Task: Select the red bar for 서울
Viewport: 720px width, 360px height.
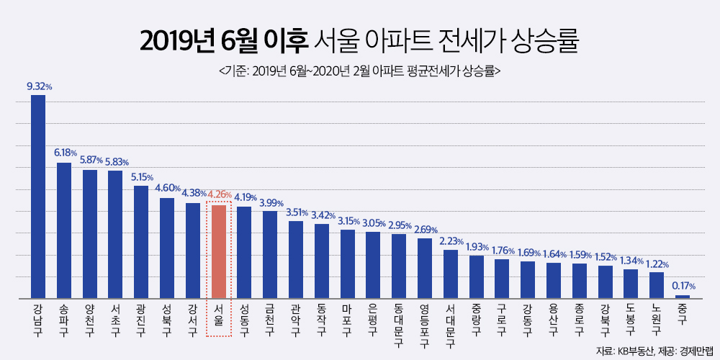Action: click(218, 251)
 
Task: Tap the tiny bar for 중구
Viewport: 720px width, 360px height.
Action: click(682, 296)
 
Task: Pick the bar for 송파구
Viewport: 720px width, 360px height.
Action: click(64, 230)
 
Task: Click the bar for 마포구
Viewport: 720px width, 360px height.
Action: click(347, 264)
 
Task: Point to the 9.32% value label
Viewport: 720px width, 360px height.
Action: click(39, 86)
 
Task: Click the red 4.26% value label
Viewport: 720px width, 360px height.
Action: click(219, 194)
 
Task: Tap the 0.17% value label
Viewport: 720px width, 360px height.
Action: click(683, 286)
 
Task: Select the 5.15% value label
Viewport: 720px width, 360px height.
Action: click(143, 176)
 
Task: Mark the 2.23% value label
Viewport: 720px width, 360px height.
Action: click(451, 241)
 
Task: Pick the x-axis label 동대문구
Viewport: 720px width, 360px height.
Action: click(399, 325)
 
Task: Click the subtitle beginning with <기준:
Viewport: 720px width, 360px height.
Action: click(359, 71)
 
